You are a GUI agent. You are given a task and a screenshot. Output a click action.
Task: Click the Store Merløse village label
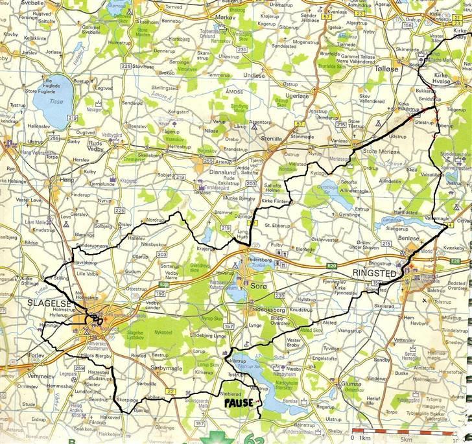[379, 152]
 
